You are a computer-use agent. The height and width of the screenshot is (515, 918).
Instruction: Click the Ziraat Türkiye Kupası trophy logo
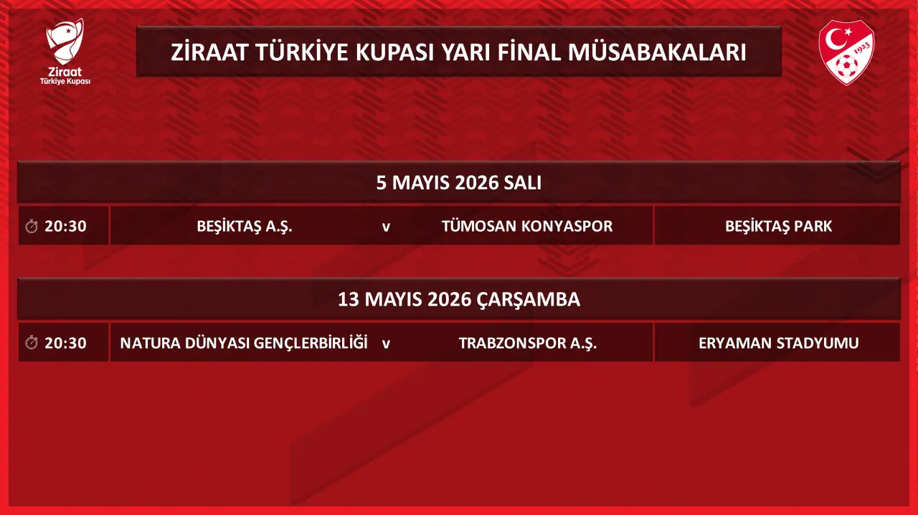pyautogui.click(x=65, y=51)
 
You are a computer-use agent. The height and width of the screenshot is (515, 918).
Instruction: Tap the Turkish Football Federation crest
pyautogui.click(x=846, y=52)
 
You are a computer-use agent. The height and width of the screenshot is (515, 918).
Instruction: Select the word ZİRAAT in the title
pyautogui.click(x=209, y=52)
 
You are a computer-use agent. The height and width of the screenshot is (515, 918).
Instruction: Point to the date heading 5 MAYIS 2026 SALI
pyautogui.click(x=458, y=183)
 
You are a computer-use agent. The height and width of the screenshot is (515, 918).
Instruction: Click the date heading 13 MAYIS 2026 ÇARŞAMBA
pyautogui.click(x=458, y=299)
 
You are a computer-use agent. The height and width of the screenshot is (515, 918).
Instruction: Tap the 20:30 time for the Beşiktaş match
pyautogui.click(x=65, y=226)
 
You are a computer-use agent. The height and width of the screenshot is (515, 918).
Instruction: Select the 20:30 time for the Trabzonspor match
pyautogui.click(x=65, y=343)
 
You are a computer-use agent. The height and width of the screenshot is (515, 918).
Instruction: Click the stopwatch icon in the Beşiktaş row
pyautogui.click(x=32, y=226)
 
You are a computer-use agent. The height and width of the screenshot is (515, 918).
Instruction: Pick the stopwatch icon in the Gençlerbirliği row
pyautogui.click(x=32, y=342)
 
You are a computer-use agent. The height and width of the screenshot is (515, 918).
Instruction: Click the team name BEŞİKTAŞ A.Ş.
pyautogui.click(x=245, y=227)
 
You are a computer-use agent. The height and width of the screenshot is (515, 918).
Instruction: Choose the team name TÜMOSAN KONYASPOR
pyautogui.click(x=527, y=226)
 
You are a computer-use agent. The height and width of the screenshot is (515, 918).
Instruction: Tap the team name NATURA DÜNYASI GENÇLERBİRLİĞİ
pyautogui.click(x=244, y=343)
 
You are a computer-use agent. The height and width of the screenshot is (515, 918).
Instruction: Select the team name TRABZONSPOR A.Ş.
pyautogui.click(x=527, y=343)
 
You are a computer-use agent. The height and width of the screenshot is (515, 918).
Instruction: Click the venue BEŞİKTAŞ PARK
pyautogui.click(x=778, y=227)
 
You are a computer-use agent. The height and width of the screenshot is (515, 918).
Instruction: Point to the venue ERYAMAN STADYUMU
pyautogui.click(x=778, y=343)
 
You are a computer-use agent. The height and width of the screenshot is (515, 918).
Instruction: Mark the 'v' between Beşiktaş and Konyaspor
pyautogui.click(x=386, y=227)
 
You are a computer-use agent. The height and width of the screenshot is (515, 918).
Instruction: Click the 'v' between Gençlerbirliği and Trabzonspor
pyautogui.click(x=386, y=344)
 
